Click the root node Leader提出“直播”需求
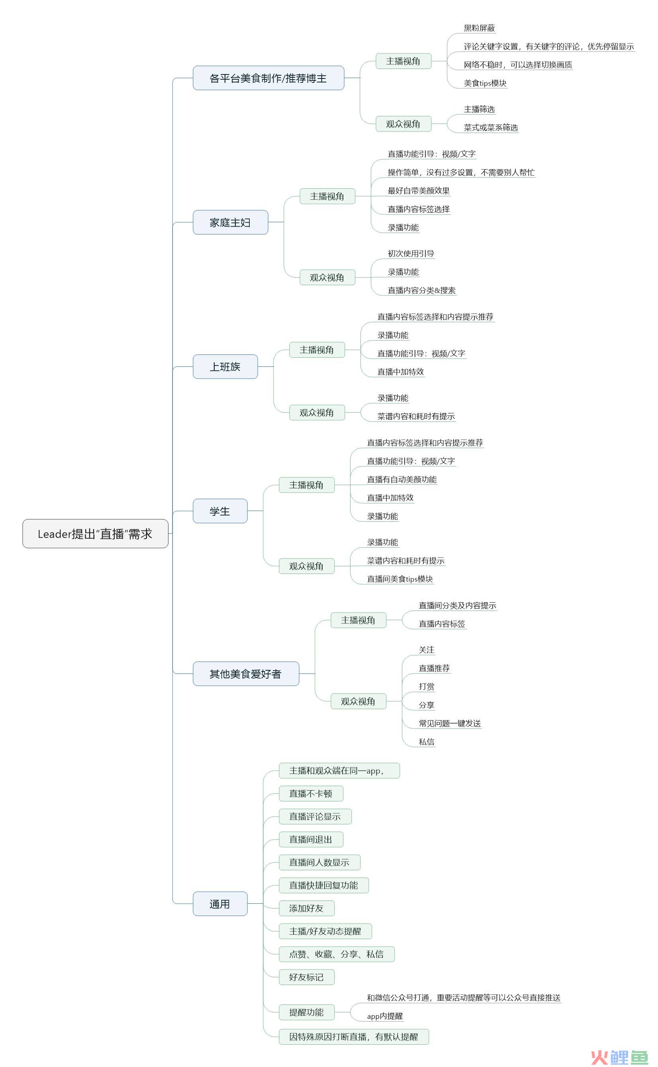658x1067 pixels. [95, 534]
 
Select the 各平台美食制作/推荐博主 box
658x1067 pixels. [268, 78]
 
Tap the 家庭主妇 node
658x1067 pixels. [230, 222]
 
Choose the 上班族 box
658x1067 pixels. [225, 366]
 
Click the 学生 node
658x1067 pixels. [220, 511]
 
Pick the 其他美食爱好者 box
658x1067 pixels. [246, 673]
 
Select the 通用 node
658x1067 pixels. [220, 904]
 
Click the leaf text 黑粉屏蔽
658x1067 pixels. [479, 28]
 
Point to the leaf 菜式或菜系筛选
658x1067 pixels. [491, 127]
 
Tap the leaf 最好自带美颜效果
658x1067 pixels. [419, 191]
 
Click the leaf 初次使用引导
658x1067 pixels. [411, 253]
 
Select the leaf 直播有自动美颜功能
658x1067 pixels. [401, 479]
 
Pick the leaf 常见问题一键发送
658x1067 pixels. [450, 723]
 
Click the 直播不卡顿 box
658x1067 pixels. [311, 793]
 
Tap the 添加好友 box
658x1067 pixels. [306, 908]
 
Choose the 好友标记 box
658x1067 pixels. [306, 977]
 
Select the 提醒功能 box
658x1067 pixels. [306, 1012]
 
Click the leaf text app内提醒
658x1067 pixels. [385, 1016]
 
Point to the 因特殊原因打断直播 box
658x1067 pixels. [354, 1037]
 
